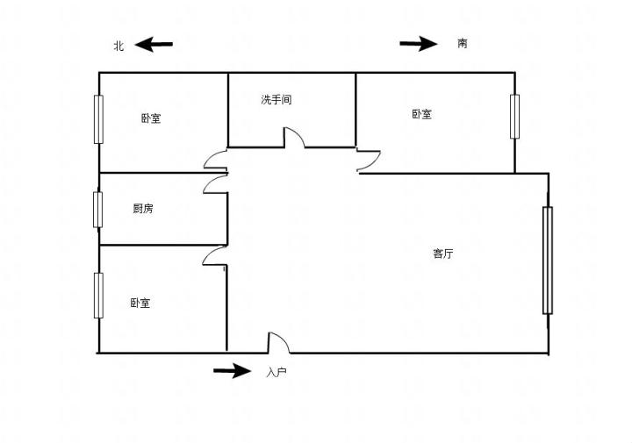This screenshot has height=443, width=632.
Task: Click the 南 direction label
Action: coord(463,43)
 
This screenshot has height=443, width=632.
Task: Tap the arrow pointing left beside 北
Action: coord(154,45)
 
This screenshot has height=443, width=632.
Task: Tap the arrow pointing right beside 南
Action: coord(419,44)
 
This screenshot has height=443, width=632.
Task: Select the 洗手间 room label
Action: coord(276,100)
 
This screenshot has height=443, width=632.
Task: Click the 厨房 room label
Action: coord(143,209)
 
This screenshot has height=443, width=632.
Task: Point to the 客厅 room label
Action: coord(443,254)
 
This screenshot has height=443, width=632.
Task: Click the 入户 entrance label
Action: coord(276,372)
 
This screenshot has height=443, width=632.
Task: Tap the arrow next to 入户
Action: coord(232,371)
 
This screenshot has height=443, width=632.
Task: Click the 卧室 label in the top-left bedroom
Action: coord(151,118)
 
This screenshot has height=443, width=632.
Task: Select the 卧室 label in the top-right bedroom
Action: coord(421,114)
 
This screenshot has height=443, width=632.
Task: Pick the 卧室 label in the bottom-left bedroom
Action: coord(140,304)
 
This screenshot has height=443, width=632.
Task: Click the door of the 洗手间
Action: coord(294,139)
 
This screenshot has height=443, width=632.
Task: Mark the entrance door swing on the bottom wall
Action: coord(278,343)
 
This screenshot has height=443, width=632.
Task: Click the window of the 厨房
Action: coord(98,209)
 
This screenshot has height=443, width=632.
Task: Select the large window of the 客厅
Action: coord(548,260)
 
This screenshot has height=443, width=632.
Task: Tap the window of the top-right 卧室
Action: coord(515,116)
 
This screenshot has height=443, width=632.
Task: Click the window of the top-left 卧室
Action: coord(98,119)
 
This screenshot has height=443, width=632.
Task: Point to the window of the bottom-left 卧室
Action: coord(98,296)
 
